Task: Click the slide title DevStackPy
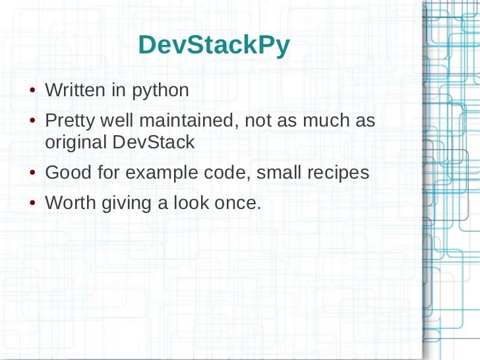[214, 45]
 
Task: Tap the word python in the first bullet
[161, 91]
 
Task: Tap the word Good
[65, 173]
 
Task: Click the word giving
[126, 204]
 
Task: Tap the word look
[191, 203]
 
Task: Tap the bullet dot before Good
[32, 174]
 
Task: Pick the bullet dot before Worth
[32, 204]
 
